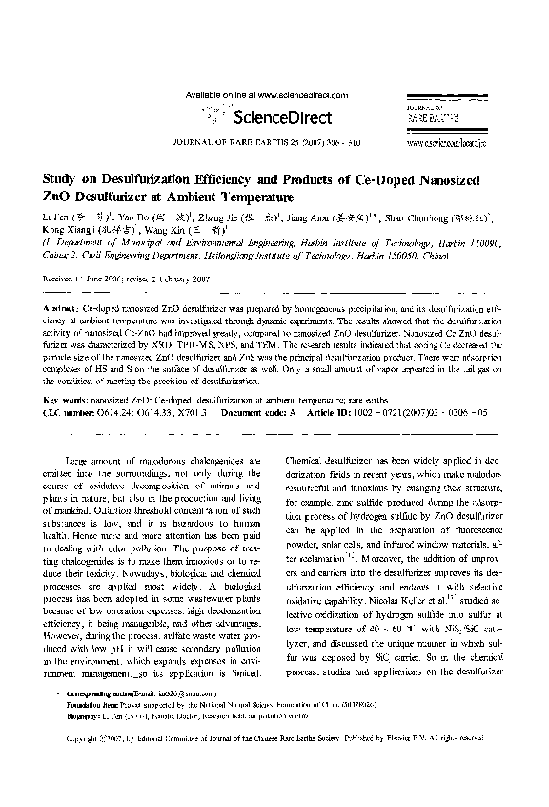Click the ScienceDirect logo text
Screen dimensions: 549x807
286,118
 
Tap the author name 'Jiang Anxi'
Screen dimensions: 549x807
326,217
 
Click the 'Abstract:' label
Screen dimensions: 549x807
63,311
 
